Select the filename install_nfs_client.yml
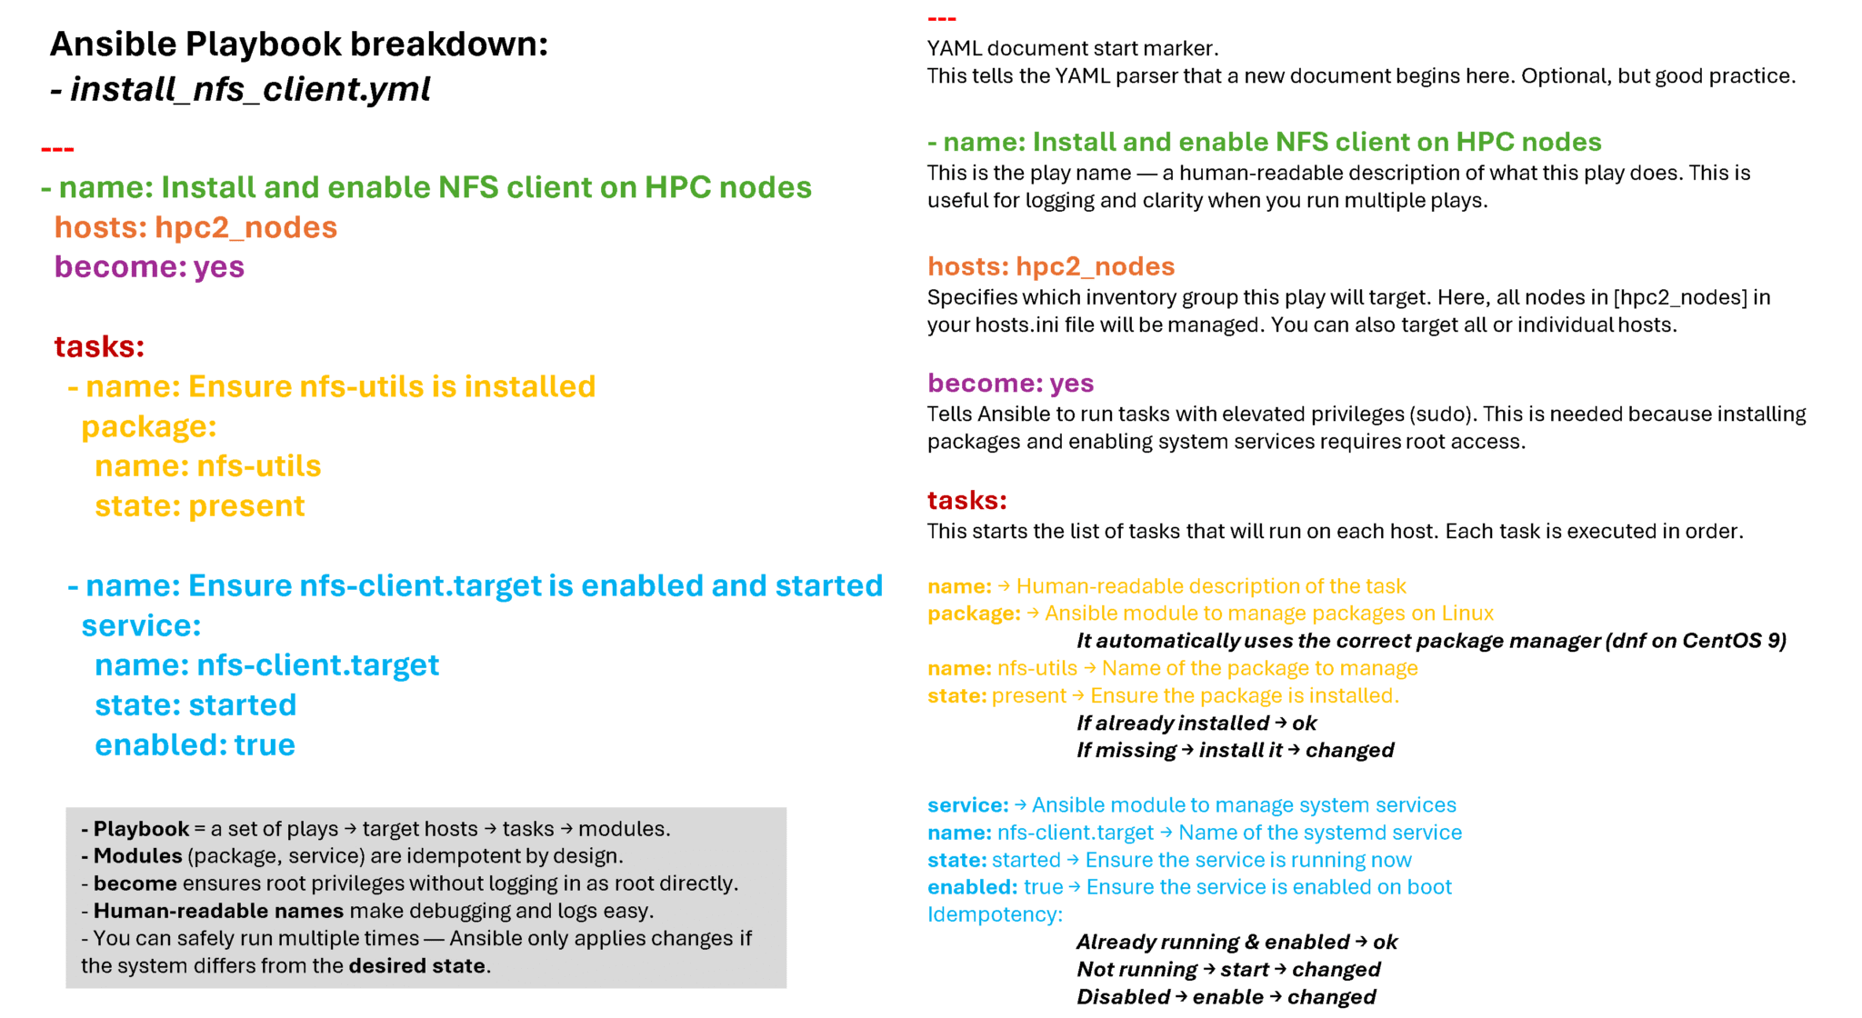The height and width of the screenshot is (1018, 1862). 250,89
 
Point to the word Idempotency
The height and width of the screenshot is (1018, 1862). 995,915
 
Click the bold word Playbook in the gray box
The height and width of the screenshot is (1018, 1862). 141,830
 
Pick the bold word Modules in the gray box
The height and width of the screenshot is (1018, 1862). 138,856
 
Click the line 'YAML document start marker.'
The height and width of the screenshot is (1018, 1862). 1073,48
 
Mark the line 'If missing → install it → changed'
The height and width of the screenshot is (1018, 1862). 1236,751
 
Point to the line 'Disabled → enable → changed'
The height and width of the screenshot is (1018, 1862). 1226,997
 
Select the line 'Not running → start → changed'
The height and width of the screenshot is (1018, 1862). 1229,970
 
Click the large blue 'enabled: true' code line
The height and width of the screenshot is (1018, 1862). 195,745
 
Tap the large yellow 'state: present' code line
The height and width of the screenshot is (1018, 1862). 200,506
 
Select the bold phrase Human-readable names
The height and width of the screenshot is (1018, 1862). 218,911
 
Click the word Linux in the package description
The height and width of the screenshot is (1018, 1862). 1467,614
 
